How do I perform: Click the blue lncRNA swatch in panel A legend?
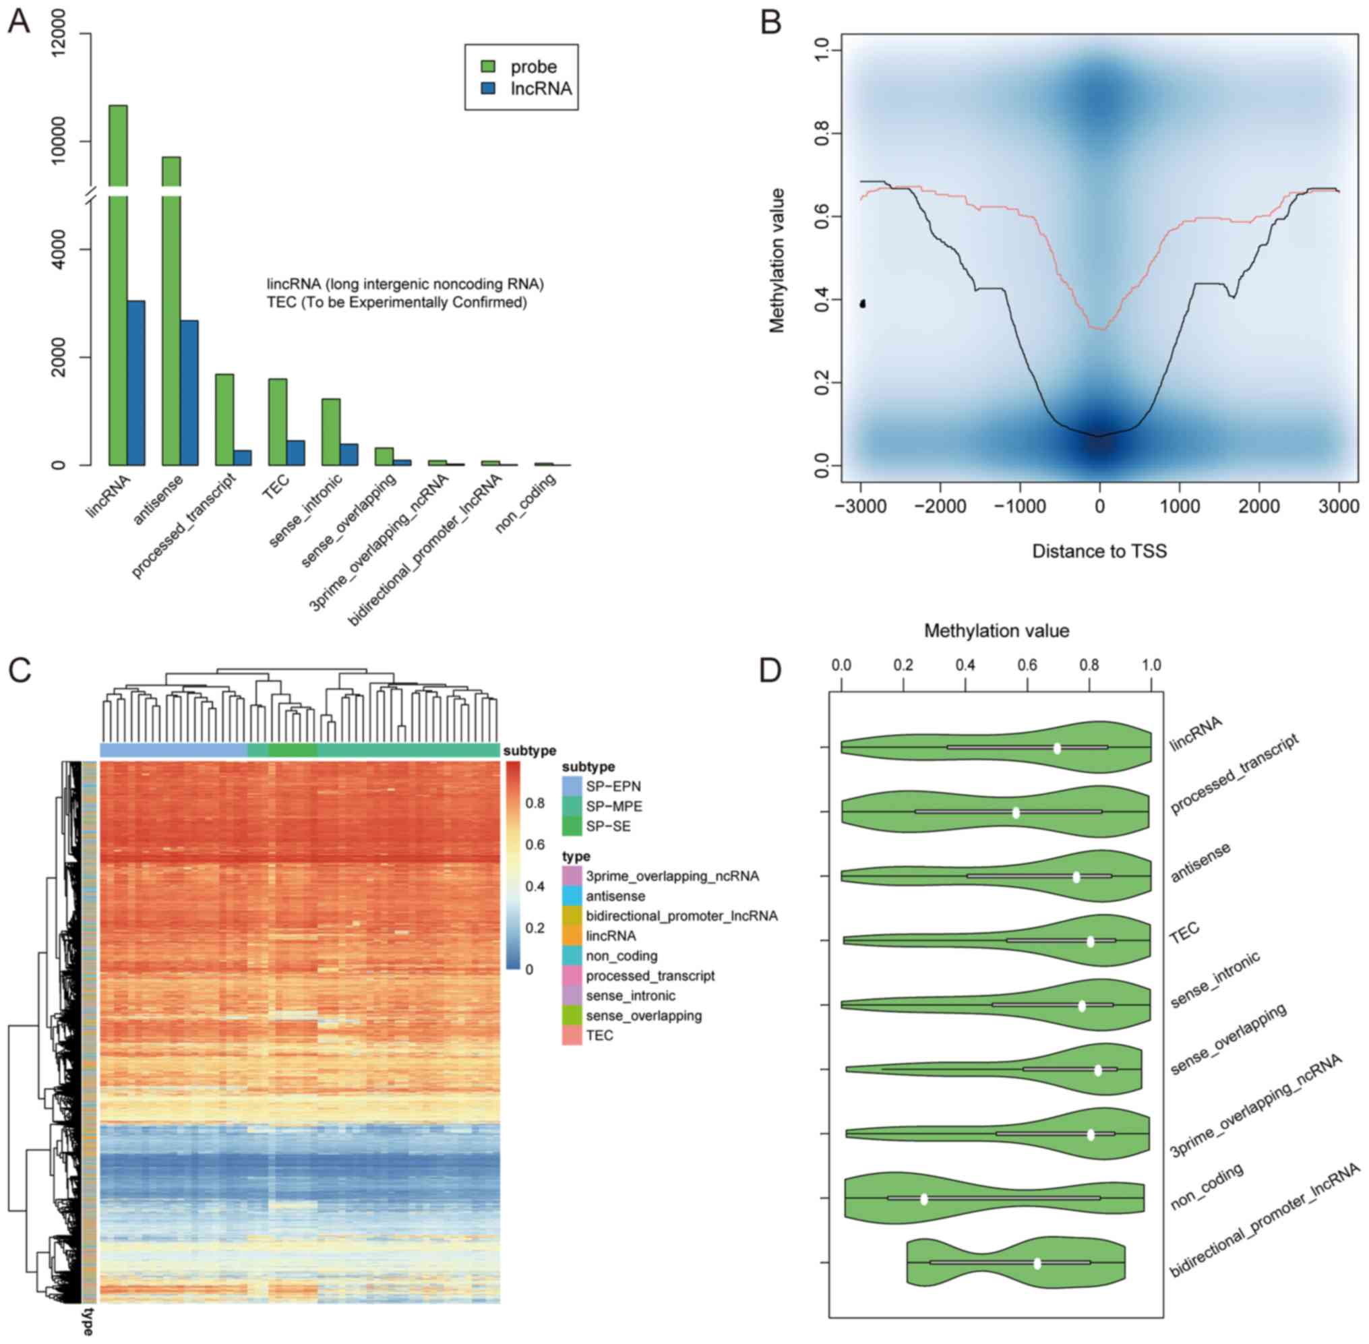pyautogui.click(x=488, y=89)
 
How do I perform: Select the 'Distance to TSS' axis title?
pyautogui.click(x=1099, y=551)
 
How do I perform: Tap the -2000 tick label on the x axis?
pyautogui.click(x=939, y=506)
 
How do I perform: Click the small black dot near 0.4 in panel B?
pyautogui.click(x=862, y=303)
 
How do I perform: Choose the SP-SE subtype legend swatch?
pyautogui.click(x=572, y=826)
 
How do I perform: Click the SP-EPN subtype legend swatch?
pyautogui.click(x=572, y=786)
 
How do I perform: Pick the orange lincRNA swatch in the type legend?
pyautogui.click(x=572, y=936)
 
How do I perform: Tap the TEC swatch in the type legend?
pyautogui.click(x=572, y=1035)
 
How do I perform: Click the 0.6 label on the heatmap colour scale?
pyautogui.click(x=535, y=845)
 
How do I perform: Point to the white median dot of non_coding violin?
pyautogui.click(x=923, y=1198)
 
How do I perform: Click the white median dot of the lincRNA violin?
pyautogui.click(x=1057, y=748)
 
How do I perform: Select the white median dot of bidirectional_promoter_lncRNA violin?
pyautogui.click(x=1037, y=1263)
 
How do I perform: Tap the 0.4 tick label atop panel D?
pyautogui.click(x=965, y=665)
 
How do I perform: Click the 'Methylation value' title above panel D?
pyautogui.click(x=996, y=630)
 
